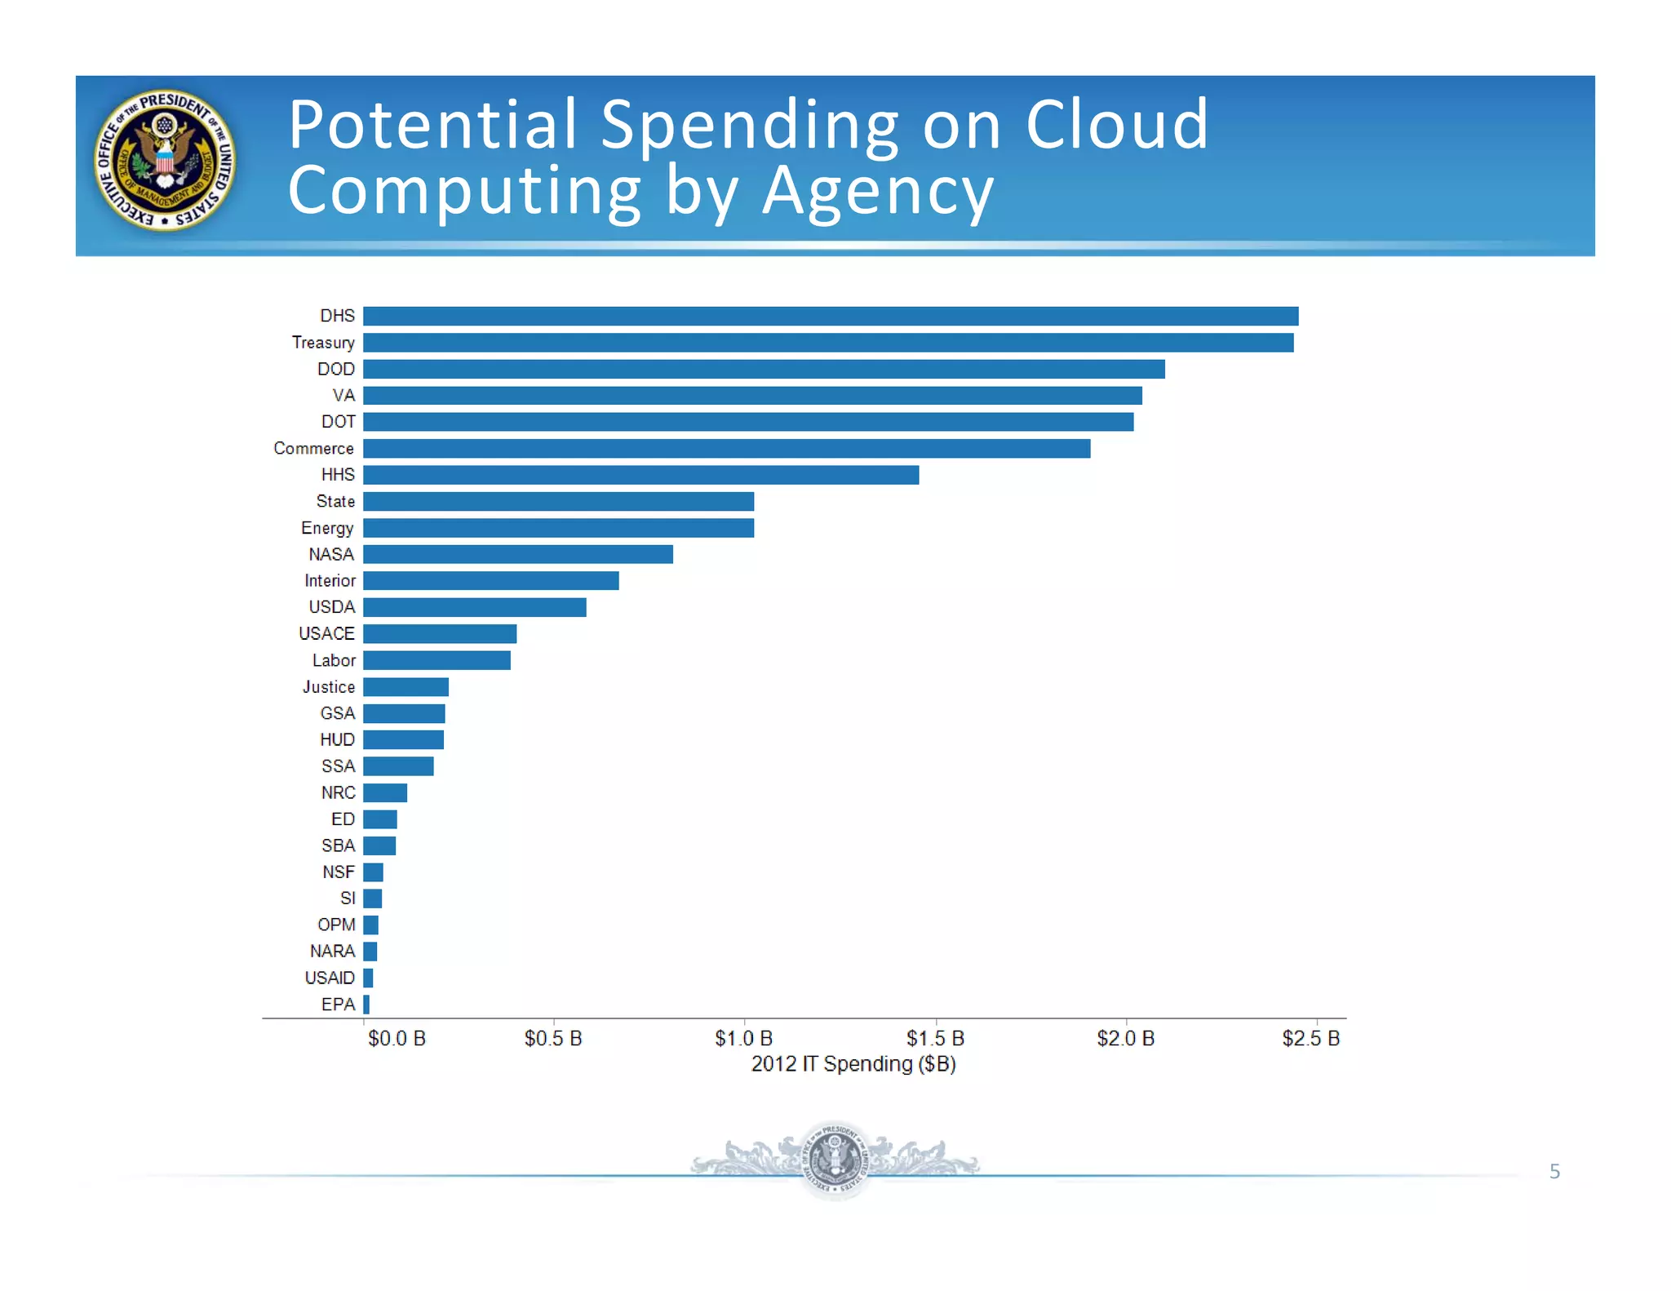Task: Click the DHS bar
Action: (830, 316)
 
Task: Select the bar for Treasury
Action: (827, 343)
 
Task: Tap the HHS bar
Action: (640, 475)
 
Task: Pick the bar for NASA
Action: (517, 555)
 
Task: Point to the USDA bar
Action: (474, 607)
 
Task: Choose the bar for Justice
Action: (406, 687)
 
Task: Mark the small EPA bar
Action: (366, 1005)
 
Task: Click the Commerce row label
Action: (313, 449)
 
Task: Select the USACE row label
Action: (326, 634)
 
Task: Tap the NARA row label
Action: (332, 952)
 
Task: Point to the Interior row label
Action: (330, 581)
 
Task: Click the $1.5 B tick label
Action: (935, 1039)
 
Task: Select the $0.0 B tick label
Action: (397, 1039)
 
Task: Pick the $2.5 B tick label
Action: (1310, 1039)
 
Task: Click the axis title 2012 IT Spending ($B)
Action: (853, 1064)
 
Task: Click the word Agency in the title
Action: (877, 192)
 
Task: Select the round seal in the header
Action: (165, 160)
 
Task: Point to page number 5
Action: (1554, 1172)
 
